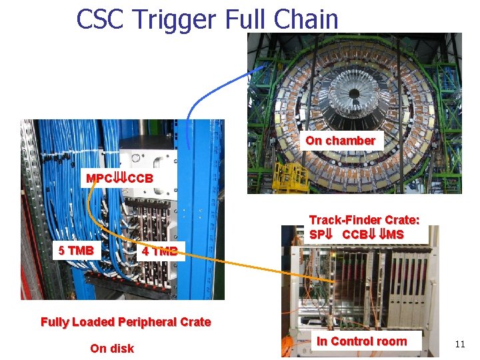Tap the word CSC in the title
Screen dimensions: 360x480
101,19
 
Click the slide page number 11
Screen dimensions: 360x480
459,344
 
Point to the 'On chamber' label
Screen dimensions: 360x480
340,141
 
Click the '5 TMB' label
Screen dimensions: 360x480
75,251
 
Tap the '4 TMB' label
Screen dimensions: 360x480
159,251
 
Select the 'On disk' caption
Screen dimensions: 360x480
112,348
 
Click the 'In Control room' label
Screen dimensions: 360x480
361,341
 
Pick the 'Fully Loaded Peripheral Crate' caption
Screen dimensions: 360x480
125,322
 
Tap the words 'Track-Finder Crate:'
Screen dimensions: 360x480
364,220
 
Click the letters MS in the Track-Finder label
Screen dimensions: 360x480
395,235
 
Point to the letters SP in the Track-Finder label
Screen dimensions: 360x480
316,235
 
